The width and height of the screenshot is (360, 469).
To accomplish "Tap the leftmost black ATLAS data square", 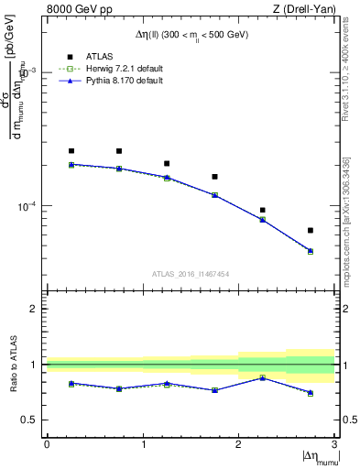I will [x=71, y=150].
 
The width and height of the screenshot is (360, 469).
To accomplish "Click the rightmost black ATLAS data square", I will [x=311, y=230].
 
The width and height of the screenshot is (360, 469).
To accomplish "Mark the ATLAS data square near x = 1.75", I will [x=214, y=177].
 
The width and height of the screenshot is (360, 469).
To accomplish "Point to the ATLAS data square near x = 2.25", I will [x=263, y=210].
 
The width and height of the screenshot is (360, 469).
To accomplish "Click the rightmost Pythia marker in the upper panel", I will [x=311, y=250].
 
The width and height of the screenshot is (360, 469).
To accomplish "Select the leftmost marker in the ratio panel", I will [x=71, y=383].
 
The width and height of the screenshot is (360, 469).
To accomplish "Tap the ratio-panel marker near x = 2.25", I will [x=263, y=377].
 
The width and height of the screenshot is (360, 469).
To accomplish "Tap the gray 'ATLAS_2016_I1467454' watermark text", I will [x=191, y=273].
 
